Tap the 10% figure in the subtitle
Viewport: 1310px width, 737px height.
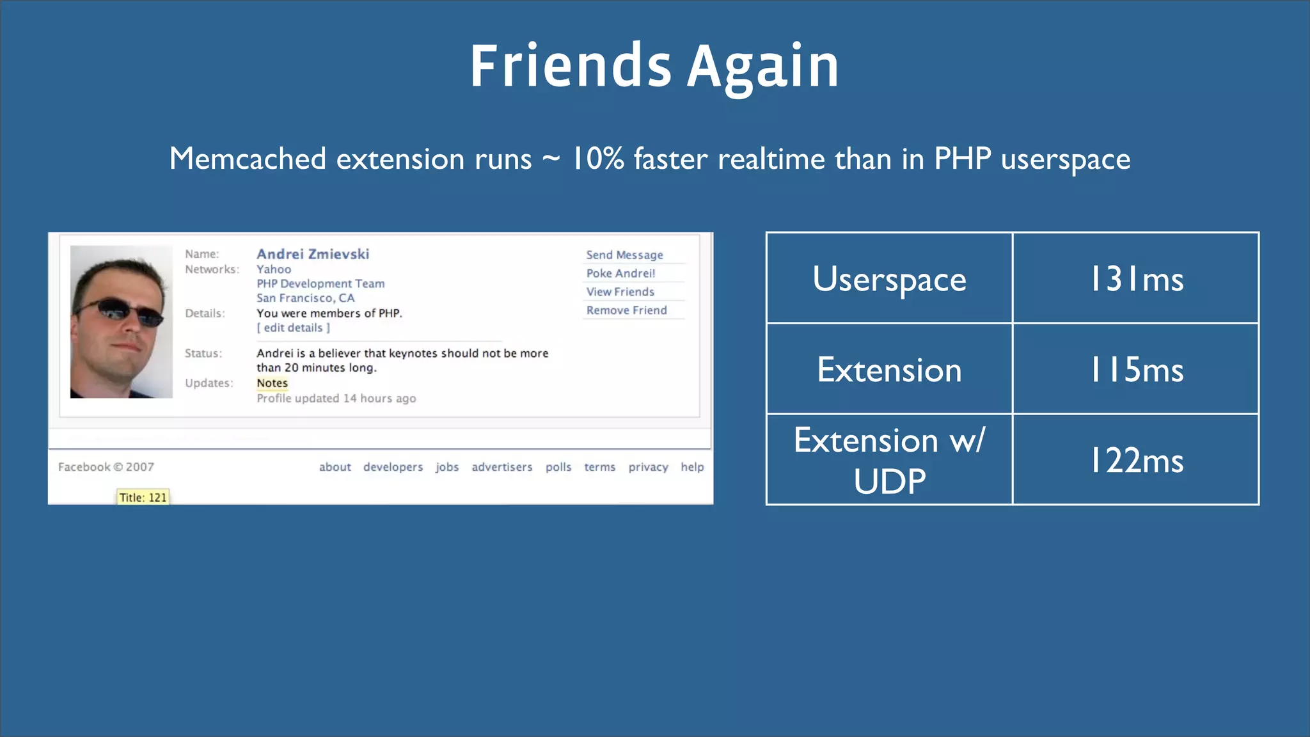click(597, 159)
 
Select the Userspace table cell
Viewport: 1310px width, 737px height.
click(889, 279)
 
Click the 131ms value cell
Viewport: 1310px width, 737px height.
click(1136, 279)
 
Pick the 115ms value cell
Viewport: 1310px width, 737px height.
click(1136, 370)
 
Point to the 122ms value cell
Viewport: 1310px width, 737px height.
click(1136, 461)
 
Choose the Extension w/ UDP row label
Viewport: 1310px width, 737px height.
click(889, 461)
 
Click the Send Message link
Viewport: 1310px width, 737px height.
click(624, 255)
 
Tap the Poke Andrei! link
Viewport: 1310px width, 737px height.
click(620, 273)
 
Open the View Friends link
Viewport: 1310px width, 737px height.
click(620, 292)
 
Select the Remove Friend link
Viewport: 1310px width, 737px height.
click(626, 310)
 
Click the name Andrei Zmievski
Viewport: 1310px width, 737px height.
click(313, 254)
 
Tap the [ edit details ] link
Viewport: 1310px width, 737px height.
click(293, 328)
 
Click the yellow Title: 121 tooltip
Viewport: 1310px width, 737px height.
click(143, 497)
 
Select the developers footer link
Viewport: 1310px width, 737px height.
click(393, 467)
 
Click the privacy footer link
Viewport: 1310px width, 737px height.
click(648, 467)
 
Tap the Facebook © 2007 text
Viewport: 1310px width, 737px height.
click(106, 467)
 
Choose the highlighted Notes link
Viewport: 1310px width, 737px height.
click(272, 383)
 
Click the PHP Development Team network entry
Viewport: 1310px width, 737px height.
click(320, 283)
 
